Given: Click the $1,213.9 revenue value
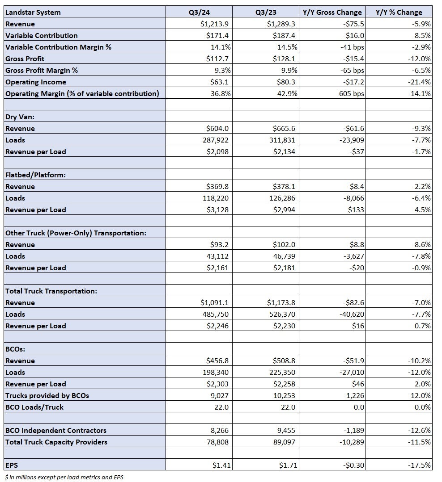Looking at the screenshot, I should [x=215, y=24].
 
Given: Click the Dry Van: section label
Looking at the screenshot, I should [x=20, y=117].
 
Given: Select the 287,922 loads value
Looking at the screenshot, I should [x=216, y=140].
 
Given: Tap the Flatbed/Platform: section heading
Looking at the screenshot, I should [x=35, y=175].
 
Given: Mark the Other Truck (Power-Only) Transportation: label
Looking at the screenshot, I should [x=76, y=233].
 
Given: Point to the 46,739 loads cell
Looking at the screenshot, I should [x=284, y=256].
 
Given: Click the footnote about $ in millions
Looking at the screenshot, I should [x=64, y=477].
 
